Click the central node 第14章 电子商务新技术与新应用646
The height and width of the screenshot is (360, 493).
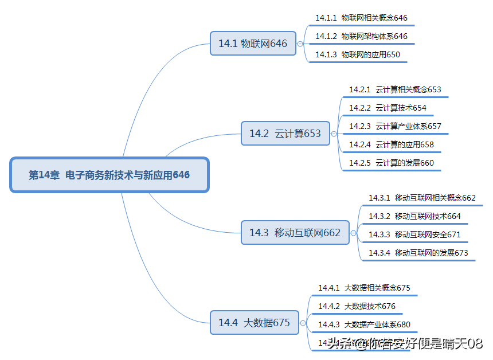[x=109, y=175]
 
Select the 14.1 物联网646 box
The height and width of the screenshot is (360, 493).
[x=253, y=44]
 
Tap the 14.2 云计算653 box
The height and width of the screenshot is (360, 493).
[x=285, y=134]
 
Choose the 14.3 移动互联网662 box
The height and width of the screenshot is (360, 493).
[x=295, y=232]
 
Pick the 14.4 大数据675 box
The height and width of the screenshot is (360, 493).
[x=254, y=323]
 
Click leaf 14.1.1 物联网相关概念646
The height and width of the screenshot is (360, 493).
[x=361, y=18]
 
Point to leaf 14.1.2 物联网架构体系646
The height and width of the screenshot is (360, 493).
[x=361, y=36]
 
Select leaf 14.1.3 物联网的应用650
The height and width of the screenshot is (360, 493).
[x=358, y=54]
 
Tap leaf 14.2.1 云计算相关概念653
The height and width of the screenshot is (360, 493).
[x=395, y=89]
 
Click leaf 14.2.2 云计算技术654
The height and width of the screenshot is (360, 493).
[x=388, y=108]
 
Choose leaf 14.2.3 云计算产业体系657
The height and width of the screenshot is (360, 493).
[x=395, y=126]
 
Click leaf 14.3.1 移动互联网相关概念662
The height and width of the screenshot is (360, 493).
[x=422, y=198]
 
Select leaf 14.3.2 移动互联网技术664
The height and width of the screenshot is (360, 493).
[x=414, y=216]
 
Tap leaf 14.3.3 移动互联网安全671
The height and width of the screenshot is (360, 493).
[x=414, y=234]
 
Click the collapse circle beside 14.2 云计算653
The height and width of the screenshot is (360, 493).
[x=334, y=134]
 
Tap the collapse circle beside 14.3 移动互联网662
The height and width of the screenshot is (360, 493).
[x=353, y=233]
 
